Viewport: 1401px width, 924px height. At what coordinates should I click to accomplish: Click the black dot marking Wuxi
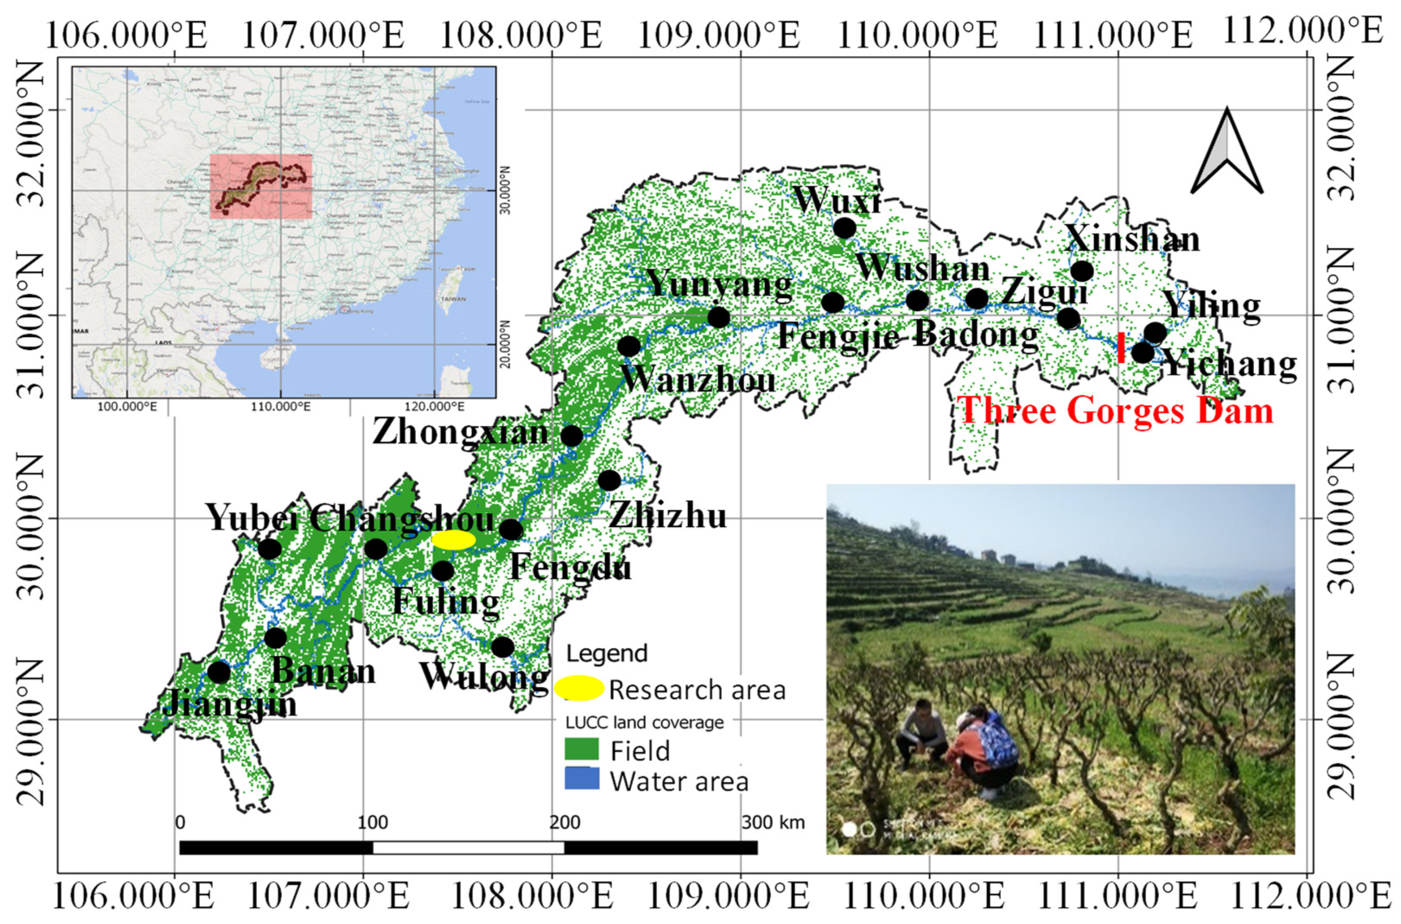pyautogui.click(x=844, y=228)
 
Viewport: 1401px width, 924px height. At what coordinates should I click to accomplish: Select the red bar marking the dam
pyautogui.click(x=1121, y=348)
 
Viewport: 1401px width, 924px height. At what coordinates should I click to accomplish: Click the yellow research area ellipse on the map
pyautogui.click(x=453, y=539)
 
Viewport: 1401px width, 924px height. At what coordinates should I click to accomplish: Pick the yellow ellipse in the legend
pyautogui.click(x=578, y=688)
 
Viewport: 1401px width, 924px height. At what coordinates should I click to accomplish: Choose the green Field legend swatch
pyautogui.click(x=582, y=749)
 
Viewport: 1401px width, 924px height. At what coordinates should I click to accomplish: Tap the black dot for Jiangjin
pyautogui.click(x=218, y=672)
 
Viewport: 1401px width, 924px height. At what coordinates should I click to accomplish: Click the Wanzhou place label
pyautogui.click(x=698, y=380)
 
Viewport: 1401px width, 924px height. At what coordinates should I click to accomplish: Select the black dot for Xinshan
pyautogui.click(x=1082, y=271)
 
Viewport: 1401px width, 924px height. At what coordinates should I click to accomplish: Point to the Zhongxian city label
pyautogui.click(x=461, y=433)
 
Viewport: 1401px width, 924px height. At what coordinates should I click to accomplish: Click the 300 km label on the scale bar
pyautogui.click(x=772, y=822)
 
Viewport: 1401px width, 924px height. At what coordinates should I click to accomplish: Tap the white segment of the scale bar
pyautogui.click(x=468, y=847)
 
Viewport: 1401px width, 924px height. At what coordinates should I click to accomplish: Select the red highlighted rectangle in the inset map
pyautogui.click(x=261, y=186)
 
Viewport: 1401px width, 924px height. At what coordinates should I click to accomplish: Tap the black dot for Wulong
pyautogui.click(x=503, y=647)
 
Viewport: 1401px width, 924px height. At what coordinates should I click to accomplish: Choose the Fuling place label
pyautogui.click(x=446, y=601)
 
